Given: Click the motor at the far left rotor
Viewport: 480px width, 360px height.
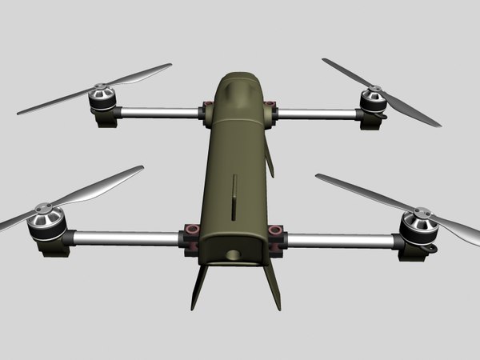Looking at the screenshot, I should (x=102, y=99).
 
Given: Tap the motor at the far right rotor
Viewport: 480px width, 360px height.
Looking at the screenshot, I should (x=372, y=101).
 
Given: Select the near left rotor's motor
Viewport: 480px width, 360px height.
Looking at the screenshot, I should (x=46, y=224).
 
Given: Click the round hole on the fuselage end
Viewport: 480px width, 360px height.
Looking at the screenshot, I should (x=233, y=255).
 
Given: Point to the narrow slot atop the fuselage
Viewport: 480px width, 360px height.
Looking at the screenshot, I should (x=234, y=196).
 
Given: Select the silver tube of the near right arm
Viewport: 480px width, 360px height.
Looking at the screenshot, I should (x=340, y=239).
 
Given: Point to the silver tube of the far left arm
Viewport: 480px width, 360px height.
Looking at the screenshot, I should (x=160, y=113).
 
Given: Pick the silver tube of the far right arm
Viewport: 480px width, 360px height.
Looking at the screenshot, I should (x=316, y=114).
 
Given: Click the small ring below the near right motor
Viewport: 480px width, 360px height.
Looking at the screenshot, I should (x=433, y=249).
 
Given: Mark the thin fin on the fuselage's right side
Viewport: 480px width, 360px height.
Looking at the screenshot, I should (x=269, y=160).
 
